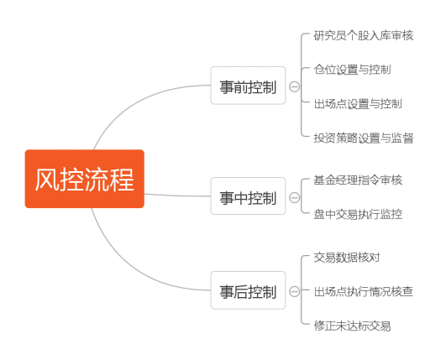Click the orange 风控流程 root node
[x=85, y=179]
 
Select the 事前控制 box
[x=248, y=86]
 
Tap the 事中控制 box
[x=248, y=196]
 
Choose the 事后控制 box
[x=248, y=290]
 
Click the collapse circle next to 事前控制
[x=295, y=86]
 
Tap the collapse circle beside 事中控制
[x=295, y=197]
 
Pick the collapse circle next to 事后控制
[x=295, y=291]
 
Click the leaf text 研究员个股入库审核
[x=363, y=36]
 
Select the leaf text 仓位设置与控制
[x=352, y=70]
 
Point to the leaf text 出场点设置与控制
[x=358, y=104]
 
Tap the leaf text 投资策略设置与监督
[x=363, y=138]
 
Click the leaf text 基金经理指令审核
[x=358, y=180]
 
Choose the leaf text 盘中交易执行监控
[x=358, y=214]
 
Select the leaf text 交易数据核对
[x=347, y=258]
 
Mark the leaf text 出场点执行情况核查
[x=363, y=291]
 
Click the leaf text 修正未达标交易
[x=352, y=326]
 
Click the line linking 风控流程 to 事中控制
[x=177, y=196]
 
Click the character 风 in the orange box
[x=47, y=179]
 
